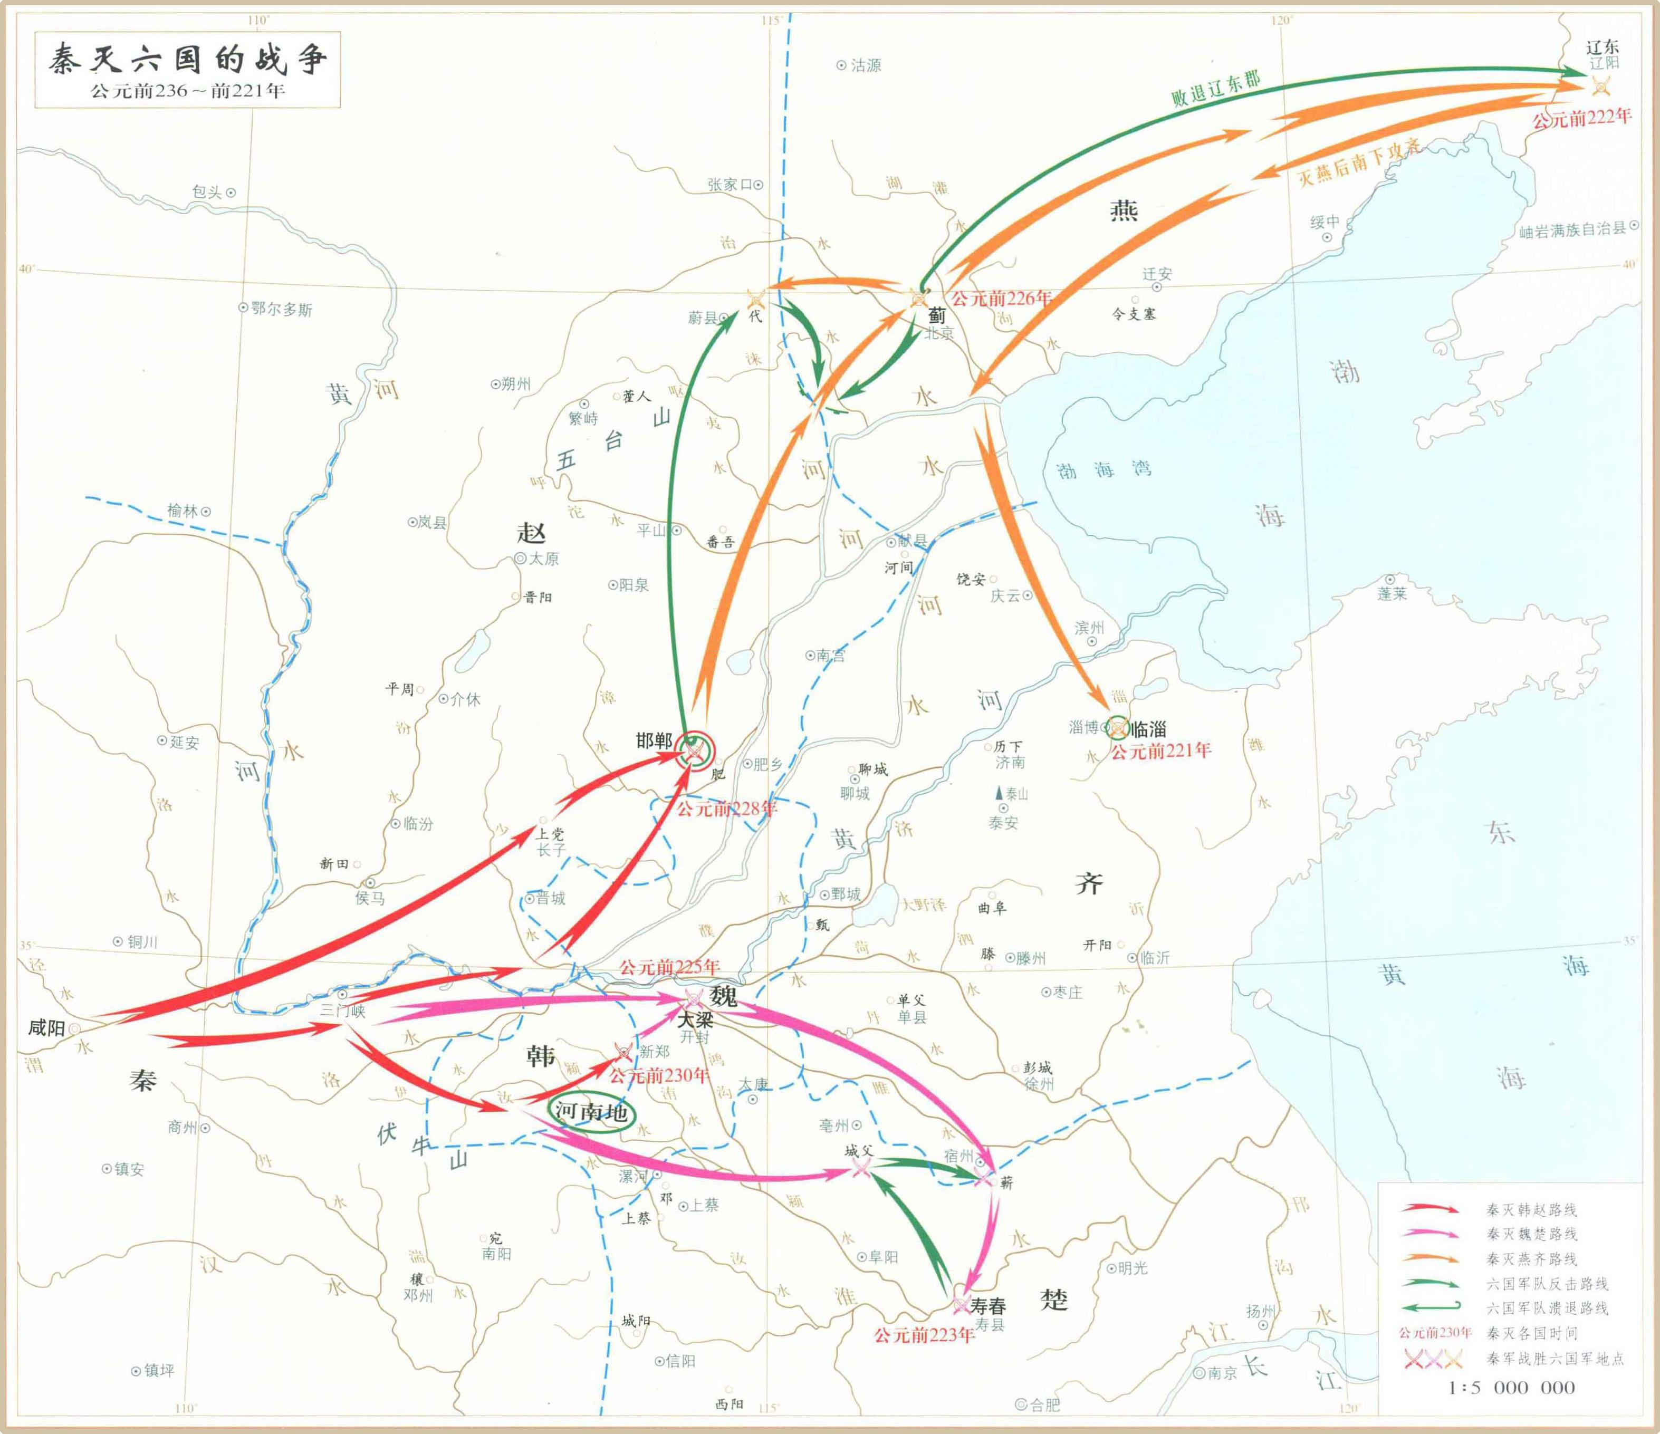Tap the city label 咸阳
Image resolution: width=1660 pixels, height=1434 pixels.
coord(46,1028)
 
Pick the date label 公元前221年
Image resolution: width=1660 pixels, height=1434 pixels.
coord(1160,750)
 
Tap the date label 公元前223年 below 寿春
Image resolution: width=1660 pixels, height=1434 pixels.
coord(924,1335)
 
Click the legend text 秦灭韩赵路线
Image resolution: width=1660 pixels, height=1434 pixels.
coord(1531,1210)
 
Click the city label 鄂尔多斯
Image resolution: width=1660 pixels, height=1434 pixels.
coord(281,309)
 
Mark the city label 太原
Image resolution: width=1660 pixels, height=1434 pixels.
coord(544,559)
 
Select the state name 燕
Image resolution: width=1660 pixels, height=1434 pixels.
coord(1123,210)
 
